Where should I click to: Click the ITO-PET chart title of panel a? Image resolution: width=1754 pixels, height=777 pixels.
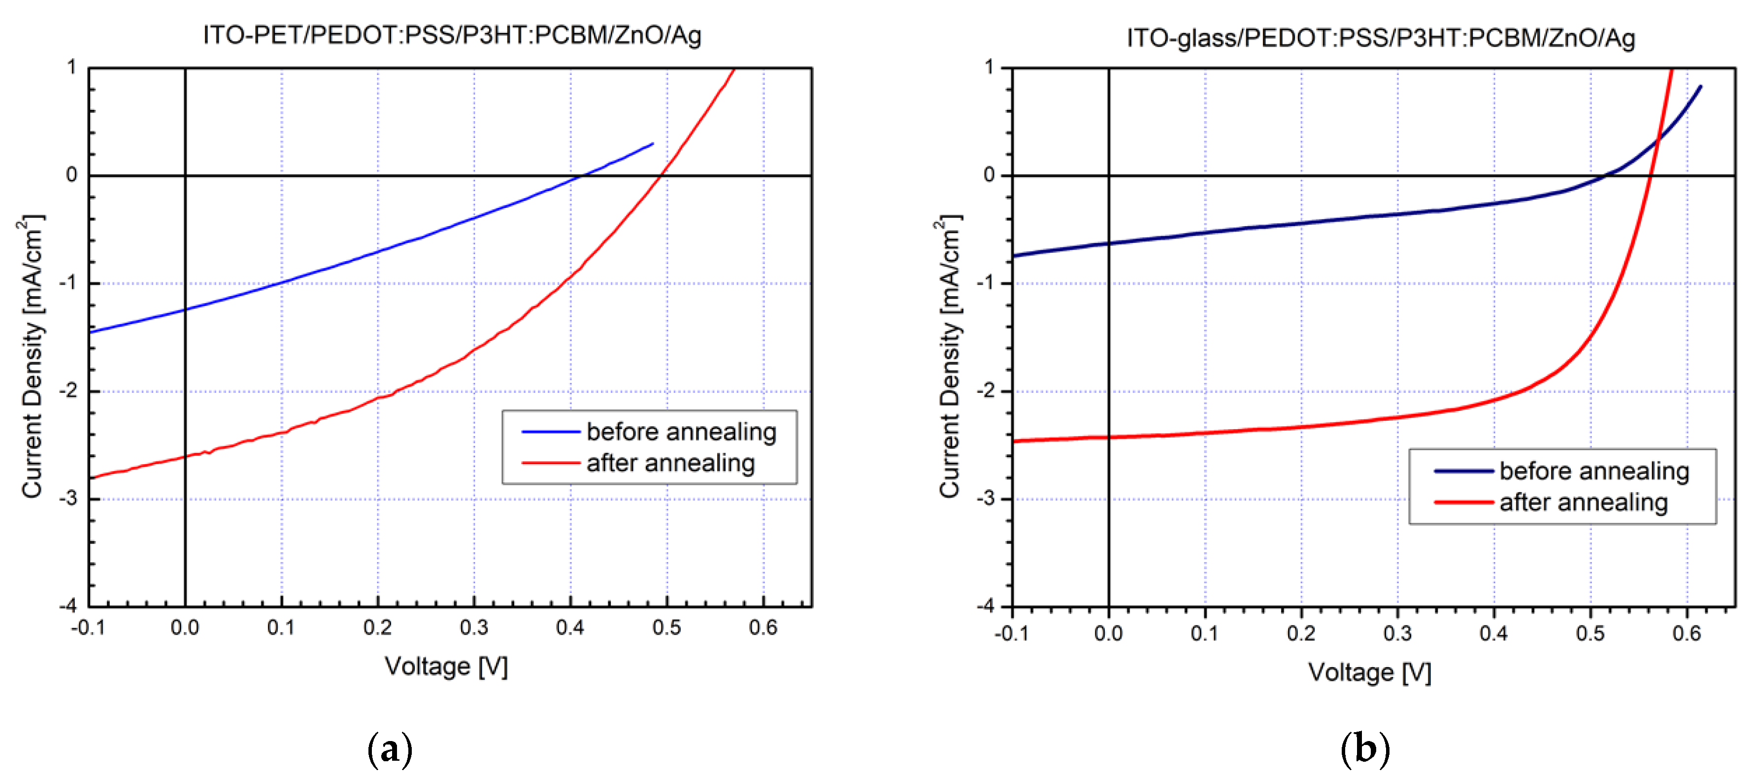coord(452,35)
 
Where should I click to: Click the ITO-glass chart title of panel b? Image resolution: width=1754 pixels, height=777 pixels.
coord(1380,37)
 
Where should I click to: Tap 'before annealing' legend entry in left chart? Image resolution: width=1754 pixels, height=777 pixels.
coord(681,432)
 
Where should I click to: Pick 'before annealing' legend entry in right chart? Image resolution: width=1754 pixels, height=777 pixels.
coord(1593,471)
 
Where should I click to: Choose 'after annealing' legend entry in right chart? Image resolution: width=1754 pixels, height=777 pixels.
coord(1583,503)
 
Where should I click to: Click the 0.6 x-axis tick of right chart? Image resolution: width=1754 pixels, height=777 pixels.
coord(1687,633)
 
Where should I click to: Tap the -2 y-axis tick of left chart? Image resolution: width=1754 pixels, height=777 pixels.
coord(70,391)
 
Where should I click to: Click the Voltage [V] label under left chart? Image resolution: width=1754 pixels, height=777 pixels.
coord(446,666)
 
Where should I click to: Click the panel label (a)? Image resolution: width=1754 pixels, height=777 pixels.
coord(390,750)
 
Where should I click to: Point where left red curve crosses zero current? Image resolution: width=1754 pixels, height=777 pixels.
coord(660,176)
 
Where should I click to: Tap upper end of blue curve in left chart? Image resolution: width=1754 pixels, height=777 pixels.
coord(652,144)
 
